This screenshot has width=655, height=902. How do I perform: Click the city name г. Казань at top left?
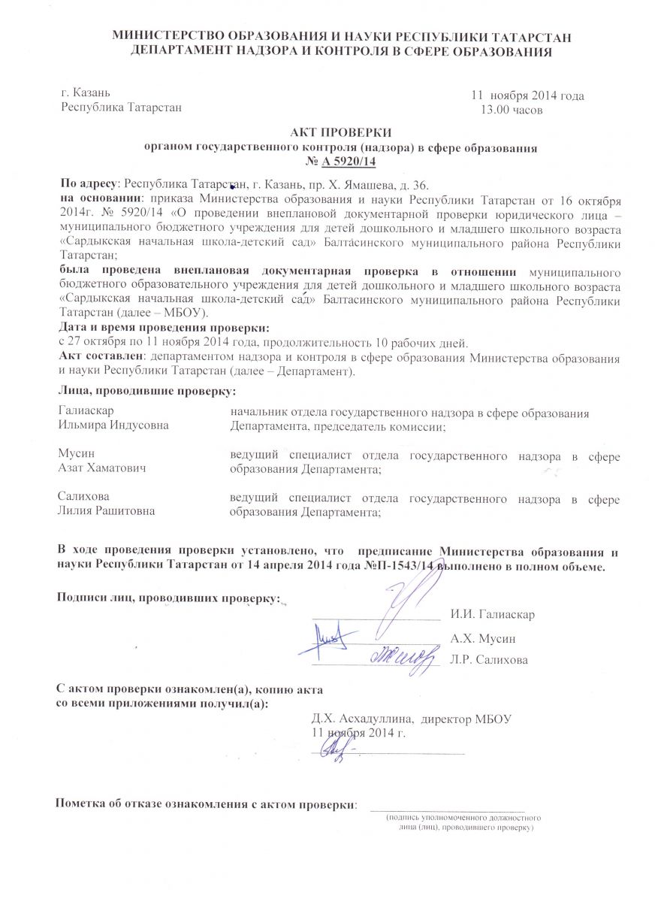pyautogui.click(x=86, y=93)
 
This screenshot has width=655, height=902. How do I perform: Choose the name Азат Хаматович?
pyautogui.click(x=101, y=468)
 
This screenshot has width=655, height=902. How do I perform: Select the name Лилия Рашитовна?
pyautogui.click(x=106, y=511)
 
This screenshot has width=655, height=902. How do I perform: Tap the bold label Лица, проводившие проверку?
pyautogui.click(x=146, y=391)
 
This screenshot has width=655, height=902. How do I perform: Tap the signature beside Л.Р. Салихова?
pyautogui.click(x=404, y=656)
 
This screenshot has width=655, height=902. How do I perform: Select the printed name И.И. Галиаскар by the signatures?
pyautogui.click(x=492, y=615)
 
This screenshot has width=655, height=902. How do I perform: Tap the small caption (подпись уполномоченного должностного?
pyautogui.click(x=464, y=816)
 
